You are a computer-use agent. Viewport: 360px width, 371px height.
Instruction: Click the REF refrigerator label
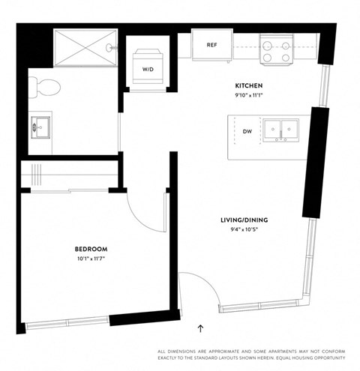[x=211, y=45]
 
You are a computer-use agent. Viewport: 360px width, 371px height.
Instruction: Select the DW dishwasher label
[x=247, y=131]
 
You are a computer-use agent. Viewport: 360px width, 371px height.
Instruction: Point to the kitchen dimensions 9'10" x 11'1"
[x=247, y=97]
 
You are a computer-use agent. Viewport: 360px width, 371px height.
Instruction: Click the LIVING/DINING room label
[x=244, y=220]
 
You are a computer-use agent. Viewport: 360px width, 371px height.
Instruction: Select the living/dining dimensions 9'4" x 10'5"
[x=244, y=229]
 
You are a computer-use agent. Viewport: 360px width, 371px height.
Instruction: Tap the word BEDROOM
[x=91, y=249]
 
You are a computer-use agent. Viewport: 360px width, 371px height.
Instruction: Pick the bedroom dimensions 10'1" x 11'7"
[x=91, y=259]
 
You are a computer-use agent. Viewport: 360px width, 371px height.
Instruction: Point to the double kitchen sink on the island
[x=281, y=130]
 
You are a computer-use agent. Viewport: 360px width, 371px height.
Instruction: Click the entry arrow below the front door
[x=200, y=328]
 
